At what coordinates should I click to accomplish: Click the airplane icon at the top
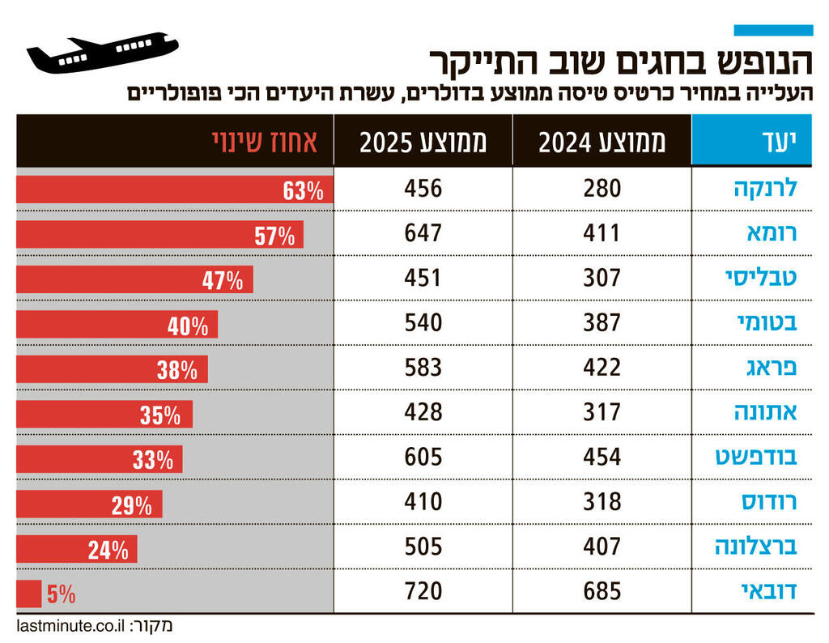pyautogui.click(x=102, y=53)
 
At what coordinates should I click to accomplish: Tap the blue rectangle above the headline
pyautogui.click(x=772, y=30)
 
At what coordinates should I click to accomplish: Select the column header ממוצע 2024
pyautogui.click(x=602, y=142)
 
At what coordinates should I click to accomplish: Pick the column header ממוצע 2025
pyautogui.click(x=423, y=142)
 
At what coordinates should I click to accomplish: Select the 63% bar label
pyautogui.click(x=303, y=192)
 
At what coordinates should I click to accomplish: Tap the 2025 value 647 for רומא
pyautogui.click(x=423, y=233)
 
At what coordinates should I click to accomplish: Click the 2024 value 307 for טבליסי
pyautogui.click(x=602, y=278)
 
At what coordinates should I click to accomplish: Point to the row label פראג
pyautogui.click(x=770, y=368)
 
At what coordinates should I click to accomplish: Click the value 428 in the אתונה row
pyautogui.click(x=423, y=412)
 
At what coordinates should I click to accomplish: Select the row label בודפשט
pyautogui.click(x=756, y=457)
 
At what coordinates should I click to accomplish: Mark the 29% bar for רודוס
pyautogui.click(x=89, y=505)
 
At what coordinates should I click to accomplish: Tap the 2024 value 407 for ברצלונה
pyautogui.click(x=602, y=547)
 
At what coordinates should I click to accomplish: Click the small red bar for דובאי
pyautogui.click(x=28, y=594)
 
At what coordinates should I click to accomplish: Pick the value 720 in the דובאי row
pyautogui.click(x=423, y=591)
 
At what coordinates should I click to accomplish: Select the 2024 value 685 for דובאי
pyautogui.click(x=602, y=591)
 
